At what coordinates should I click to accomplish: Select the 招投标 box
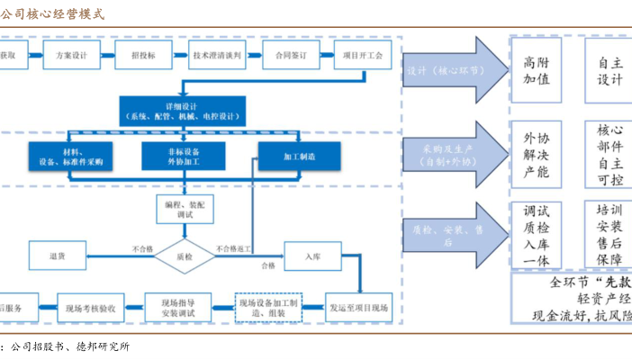tap(143, 56)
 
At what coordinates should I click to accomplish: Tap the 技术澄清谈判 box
tap(216, 56)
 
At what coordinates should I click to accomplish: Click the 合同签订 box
tap(292, 56)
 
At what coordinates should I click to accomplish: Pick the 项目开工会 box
tap(363, 56)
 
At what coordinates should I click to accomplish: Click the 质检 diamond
tap(185, 256)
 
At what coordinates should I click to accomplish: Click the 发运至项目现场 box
tap(358, 307)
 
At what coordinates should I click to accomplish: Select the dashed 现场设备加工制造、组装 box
tap(267, 307)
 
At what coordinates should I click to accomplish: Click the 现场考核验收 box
tap(94, 307)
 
